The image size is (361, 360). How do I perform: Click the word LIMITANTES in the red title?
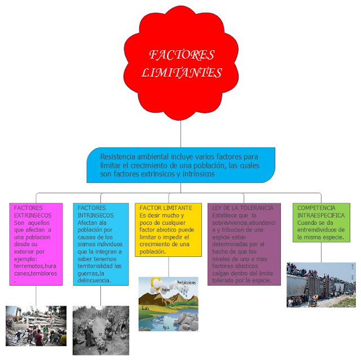click(182, 73)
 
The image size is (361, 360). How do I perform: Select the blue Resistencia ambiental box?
click(180, 165)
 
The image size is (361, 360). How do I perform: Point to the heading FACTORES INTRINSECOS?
click(92, 212)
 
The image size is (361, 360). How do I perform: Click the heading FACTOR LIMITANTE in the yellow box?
click(169, 208)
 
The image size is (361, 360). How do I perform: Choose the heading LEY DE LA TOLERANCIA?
click(243, 208)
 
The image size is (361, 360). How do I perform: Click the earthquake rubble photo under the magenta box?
click(36, 325)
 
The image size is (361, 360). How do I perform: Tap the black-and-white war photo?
click(100, 330)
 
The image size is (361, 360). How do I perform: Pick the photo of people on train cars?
click(321, 285)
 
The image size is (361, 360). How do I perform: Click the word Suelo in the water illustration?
click(146, 308)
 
